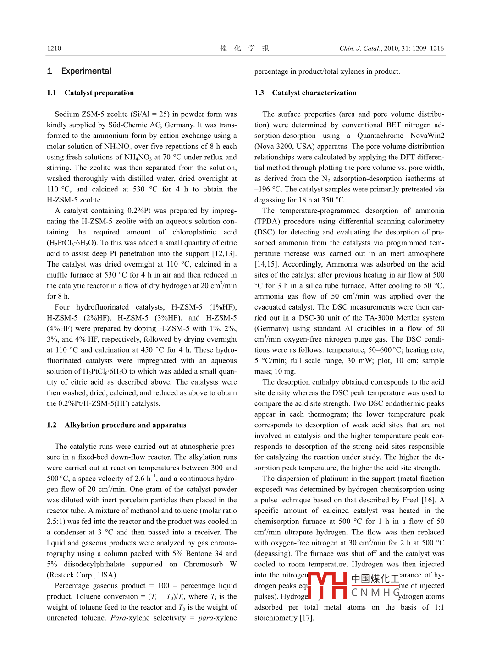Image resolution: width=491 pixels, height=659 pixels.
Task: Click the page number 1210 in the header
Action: [x=54, y=49]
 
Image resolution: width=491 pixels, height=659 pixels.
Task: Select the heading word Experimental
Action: [x=86, y=71]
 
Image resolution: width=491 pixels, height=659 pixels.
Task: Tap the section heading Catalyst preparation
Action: [x=99, y=93]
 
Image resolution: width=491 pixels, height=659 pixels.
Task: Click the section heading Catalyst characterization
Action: [x=314, y=93]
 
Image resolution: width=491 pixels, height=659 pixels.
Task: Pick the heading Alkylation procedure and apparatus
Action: [x=125, y=425]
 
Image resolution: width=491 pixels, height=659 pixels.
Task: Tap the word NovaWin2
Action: [x=427, y=136]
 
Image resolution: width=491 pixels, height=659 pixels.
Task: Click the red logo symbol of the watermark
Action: [x=327, y=585]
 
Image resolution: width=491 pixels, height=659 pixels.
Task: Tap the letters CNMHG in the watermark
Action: [x=375, y=593]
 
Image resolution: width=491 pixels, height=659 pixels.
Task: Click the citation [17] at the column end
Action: [x=307, y=618]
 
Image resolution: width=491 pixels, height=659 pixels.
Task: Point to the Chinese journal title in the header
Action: [x=245, y=48]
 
